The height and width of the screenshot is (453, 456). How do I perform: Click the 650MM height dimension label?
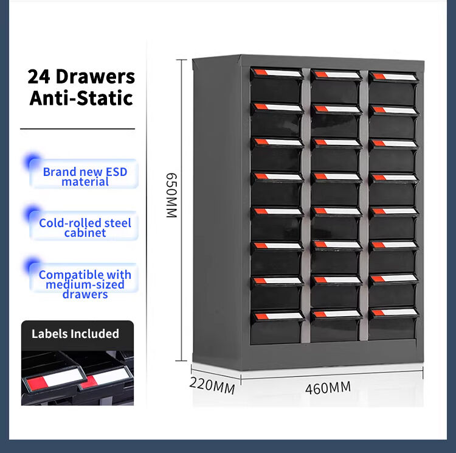point(171,195)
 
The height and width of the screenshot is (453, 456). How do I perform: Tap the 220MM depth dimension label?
point(212,385)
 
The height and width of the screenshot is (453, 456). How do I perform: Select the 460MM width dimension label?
point(328,388)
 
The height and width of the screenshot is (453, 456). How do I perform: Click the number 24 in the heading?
point(39,77)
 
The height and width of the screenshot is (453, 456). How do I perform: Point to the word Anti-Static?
point(81,98)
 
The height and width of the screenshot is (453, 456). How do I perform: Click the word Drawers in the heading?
point(95,77)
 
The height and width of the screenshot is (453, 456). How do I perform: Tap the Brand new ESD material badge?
point(85,174)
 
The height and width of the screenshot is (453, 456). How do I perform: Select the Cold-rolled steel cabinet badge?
point(85,225)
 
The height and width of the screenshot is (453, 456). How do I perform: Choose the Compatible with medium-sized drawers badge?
point(85,280)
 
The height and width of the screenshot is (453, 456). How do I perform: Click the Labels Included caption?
point(75,334)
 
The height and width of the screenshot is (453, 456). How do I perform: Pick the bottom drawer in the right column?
point(393,324)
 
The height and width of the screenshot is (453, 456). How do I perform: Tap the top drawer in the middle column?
point(336,86)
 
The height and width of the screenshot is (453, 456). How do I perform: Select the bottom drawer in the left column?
point(277,328)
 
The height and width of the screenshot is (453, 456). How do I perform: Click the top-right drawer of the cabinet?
point(393,88)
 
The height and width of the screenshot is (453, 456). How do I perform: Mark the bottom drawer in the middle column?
point(336,326)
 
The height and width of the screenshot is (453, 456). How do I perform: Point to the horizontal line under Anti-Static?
point(77,128)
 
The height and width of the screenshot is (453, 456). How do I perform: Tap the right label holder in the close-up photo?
point(104,377)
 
